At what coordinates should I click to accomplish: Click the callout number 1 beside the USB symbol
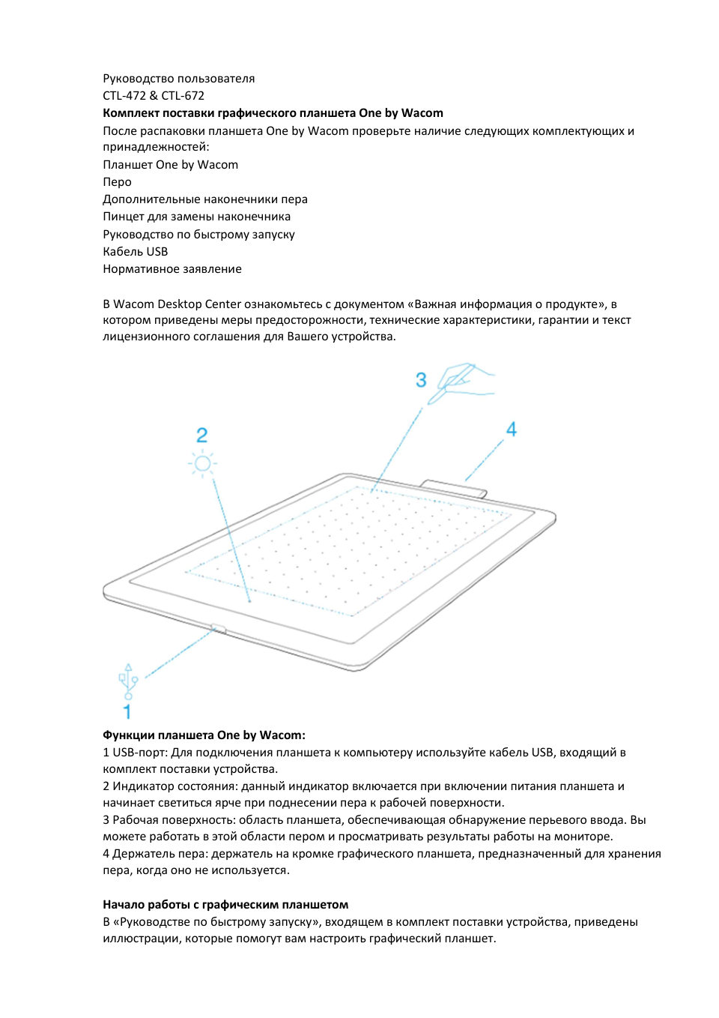click(127, 711)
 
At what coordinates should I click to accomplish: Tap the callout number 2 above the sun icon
click(201, 436)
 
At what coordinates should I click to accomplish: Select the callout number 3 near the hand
click(421, 380)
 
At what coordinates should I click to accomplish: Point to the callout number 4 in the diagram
click(512, 430)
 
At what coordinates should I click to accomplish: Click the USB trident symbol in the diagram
click(128, 680)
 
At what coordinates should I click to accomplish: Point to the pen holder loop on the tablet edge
click(454, 487)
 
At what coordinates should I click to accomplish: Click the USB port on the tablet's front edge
click(218, 628)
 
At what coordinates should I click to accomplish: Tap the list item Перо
click(117, 182)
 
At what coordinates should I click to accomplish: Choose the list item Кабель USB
click(135, 252)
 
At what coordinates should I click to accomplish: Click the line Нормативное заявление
click(172, 269)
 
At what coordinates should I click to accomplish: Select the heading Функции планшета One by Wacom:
click(204, 735)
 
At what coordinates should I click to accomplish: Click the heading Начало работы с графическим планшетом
click(225, 905)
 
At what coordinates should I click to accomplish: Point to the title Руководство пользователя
click(178, 79)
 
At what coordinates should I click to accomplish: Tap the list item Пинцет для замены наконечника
click(196, 217)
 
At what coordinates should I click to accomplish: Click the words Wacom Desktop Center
click(178, 304)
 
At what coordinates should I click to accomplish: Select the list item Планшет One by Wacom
click(170, 165)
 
